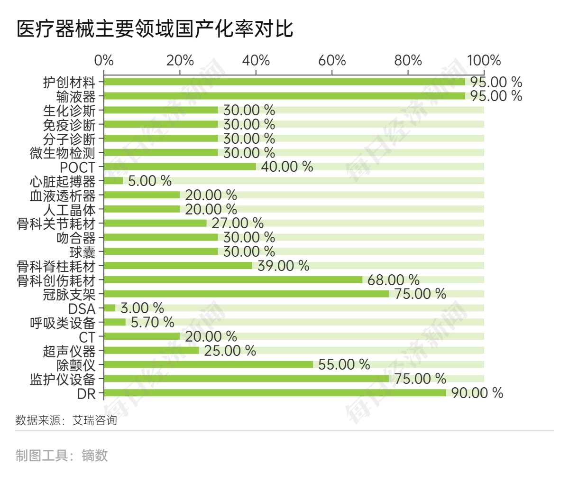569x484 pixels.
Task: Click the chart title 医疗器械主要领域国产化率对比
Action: pos(155,29)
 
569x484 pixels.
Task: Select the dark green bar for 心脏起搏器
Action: pos(113,181)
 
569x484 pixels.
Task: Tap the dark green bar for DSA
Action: pos(110,308)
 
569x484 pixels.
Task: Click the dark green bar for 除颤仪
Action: pos(208,364)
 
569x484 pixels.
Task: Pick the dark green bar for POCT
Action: pos(180,167)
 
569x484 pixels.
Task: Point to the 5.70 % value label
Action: pos(152,323)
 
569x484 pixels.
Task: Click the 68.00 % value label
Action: pos(393,280)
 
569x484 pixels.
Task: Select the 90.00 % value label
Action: pos(477,393)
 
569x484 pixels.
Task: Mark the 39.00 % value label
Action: pos(283,266)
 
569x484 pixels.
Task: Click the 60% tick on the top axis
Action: pos(332,61)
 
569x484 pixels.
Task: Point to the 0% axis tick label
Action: pos(104,61)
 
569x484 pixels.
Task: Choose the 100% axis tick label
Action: pos(484,61)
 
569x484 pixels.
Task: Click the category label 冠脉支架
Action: pos(69,295)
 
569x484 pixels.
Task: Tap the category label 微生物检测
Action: pos(63,153)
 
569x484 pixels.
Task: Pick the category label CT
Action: pos(87,337)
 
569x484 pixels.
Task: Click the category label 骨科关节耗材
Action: pos(56,224)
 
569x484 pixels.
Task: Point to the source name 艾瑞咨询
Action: pos(94,420)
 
